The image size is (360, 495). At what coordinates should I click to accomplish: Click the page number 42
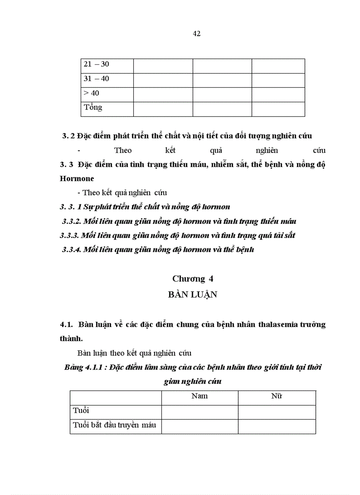(197, 34)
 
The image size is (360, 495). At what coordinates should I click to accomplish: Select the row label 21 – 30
(96, 64)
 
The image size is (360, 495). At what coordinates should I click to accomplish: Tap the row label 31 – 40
(96, 79)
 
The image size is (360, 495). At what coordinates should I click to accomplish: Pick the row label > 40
(91, 93)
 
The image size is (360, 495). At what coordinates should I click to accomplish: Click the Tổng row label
(93, 108)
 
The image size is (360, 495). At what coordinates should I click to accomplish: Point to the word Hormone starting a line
(76, 179)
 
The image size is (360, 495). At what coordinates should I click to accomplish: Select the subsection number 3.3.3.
(69, 235)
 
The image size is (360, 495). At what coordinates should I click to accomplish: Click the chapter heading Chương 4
(193, 279)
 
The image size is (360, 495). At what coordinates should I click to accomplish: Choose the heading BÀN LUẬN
(192, 295)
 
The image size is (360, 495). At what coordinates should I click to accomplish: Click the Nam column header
(199, 396)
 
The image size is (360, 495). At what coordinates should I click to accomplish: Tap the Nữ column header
(277, 396)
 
